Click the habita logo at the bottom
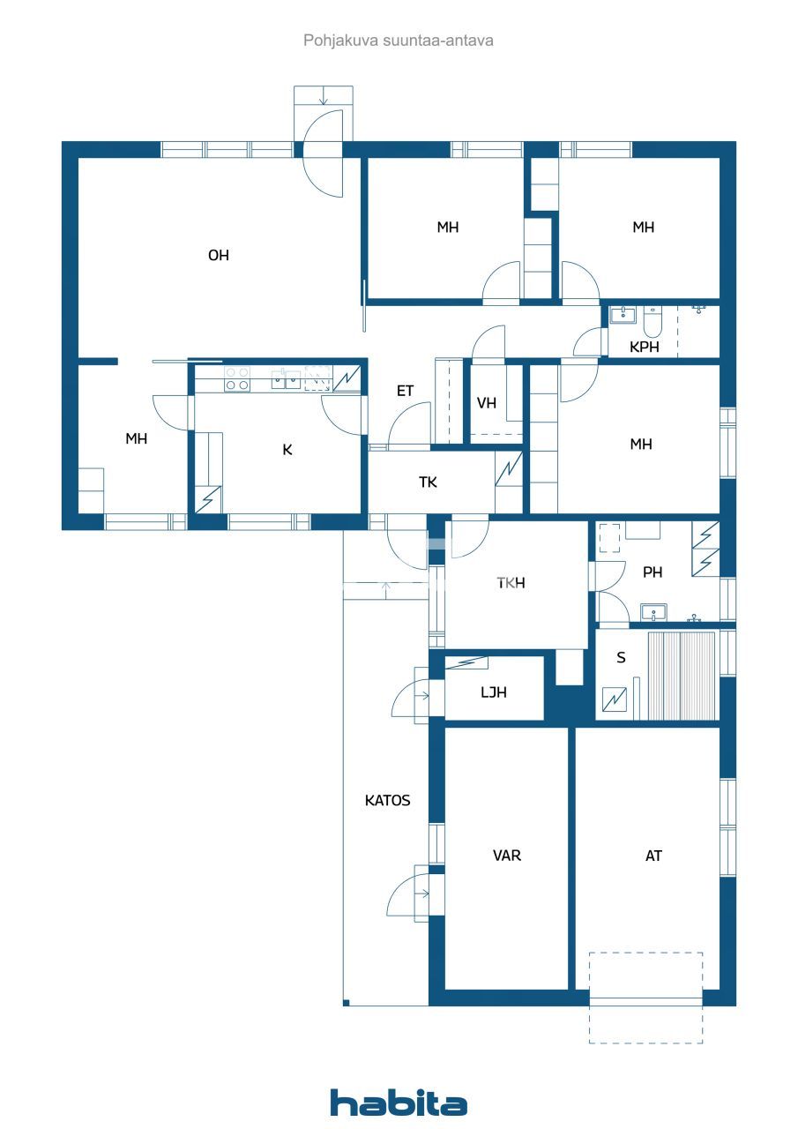click(399, 1103)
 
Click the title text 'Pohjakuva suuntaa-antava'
click(399, 41)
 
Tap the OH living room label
click(219, 256)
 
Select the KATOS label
click(388, 801)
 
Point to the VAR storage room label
click(507, 856)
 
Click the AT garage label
click(653, 856)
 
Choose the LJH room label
click(494, 692)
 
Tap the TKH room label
click(511, 583)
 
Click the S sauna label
click(622, 658)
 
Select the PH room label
click(653, 572)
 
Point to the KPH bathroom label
click(645, 347)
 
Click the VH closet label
click(487, 403)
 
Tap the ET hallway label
click(405, 391)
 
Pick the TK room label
click(428, 482)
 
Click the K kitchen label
click(287, 450)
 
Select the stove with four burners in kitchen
click(236, 379)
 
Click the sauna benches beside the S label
click(682, 675)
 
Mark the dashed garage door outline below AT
click(645, 997)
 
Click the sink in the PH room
click(653, 611)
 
